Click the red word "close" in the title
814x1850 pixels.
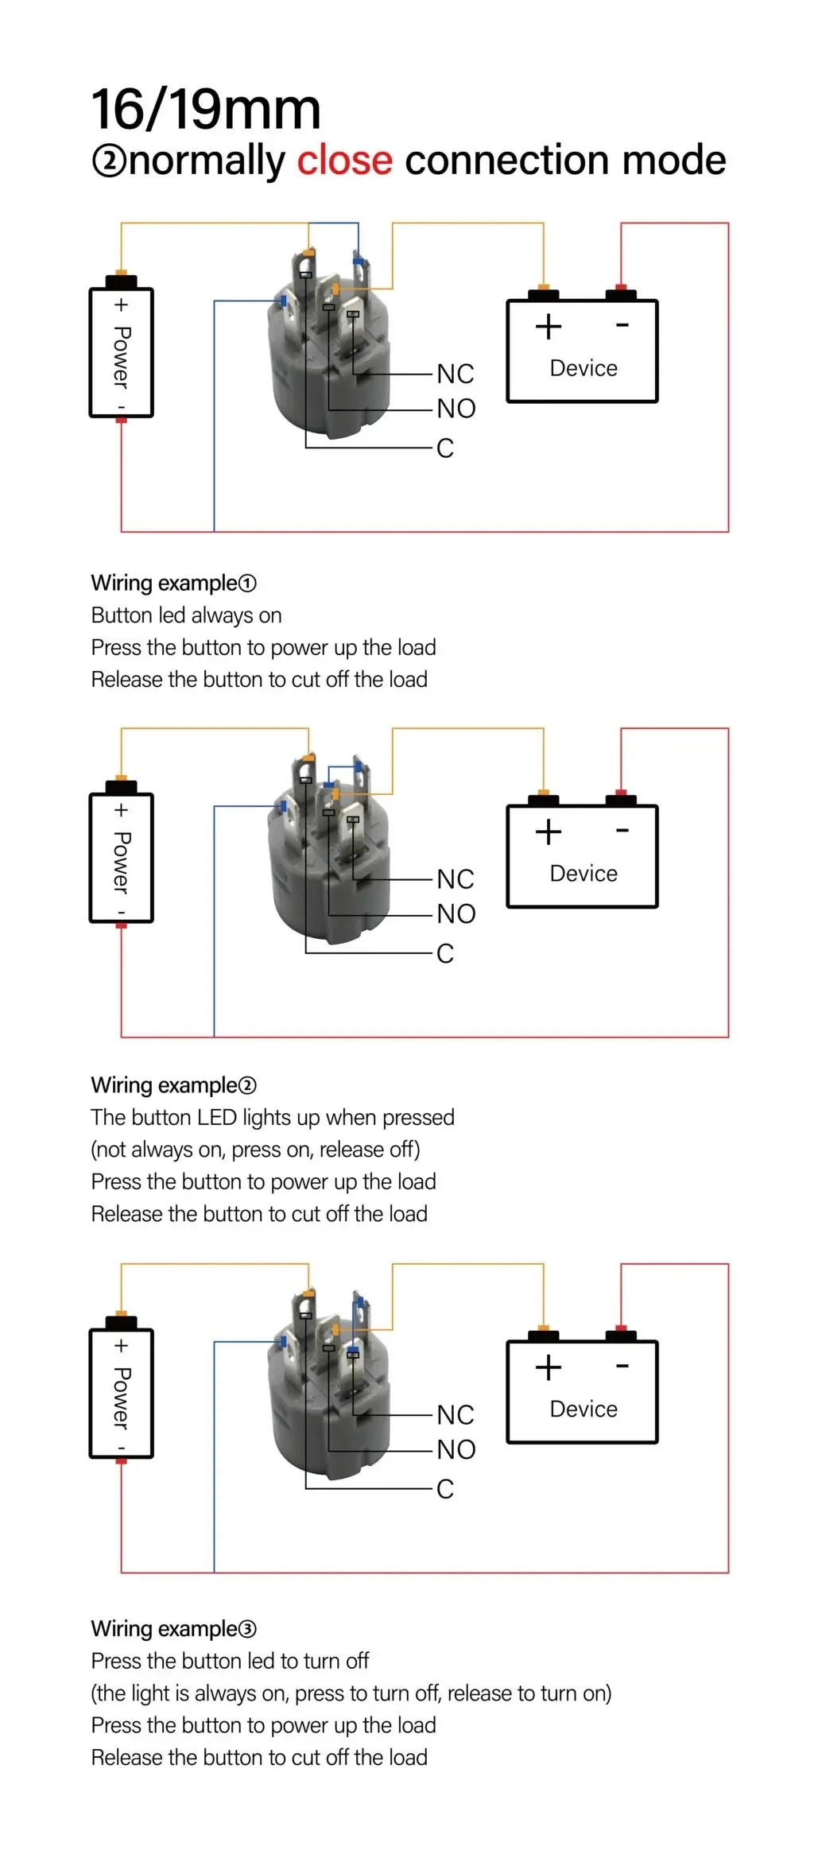pyautogui.click(x=344, y=161)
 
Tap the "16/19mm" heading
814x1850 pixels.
pyautogui.click(x=206, y=110)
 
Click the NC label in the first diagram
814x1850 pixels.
pyautogui.click(x=455, y=374)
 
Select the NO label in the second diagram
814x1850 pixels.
pyautogui.click(x=456, y=913)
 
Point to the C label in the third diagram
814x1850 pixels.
pyautogui.click(x=445, y=1488)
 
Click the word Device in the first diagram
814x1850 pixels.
pyautogui.click(x=583, y=368)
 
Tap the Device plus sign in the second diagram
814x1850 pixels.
pyautogui.click(x=548, y=832)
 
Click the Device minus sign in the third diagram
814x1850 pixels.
pyautogui.click(x=622, y=1366)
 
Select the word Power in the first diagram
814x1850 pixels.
pyautogui.click(x=122, y=357)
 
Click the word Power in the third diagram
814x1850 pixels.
pyautogui.click(x=122, y=1398)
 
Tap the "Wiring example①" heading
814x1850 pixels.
pyautogui.click(x=173, y=583)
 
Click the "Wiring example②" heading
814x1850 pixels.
pyautogui.click(x=173, y=1085)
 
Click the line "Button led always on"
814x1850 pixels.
pyautogui.click(x=186, y=615)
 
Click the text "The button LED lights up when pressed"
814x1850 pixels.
pyautogui.click(x=273, y=1117)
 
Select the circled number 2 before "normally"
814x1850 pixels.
pyautogui.click(x=109, y=161)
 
